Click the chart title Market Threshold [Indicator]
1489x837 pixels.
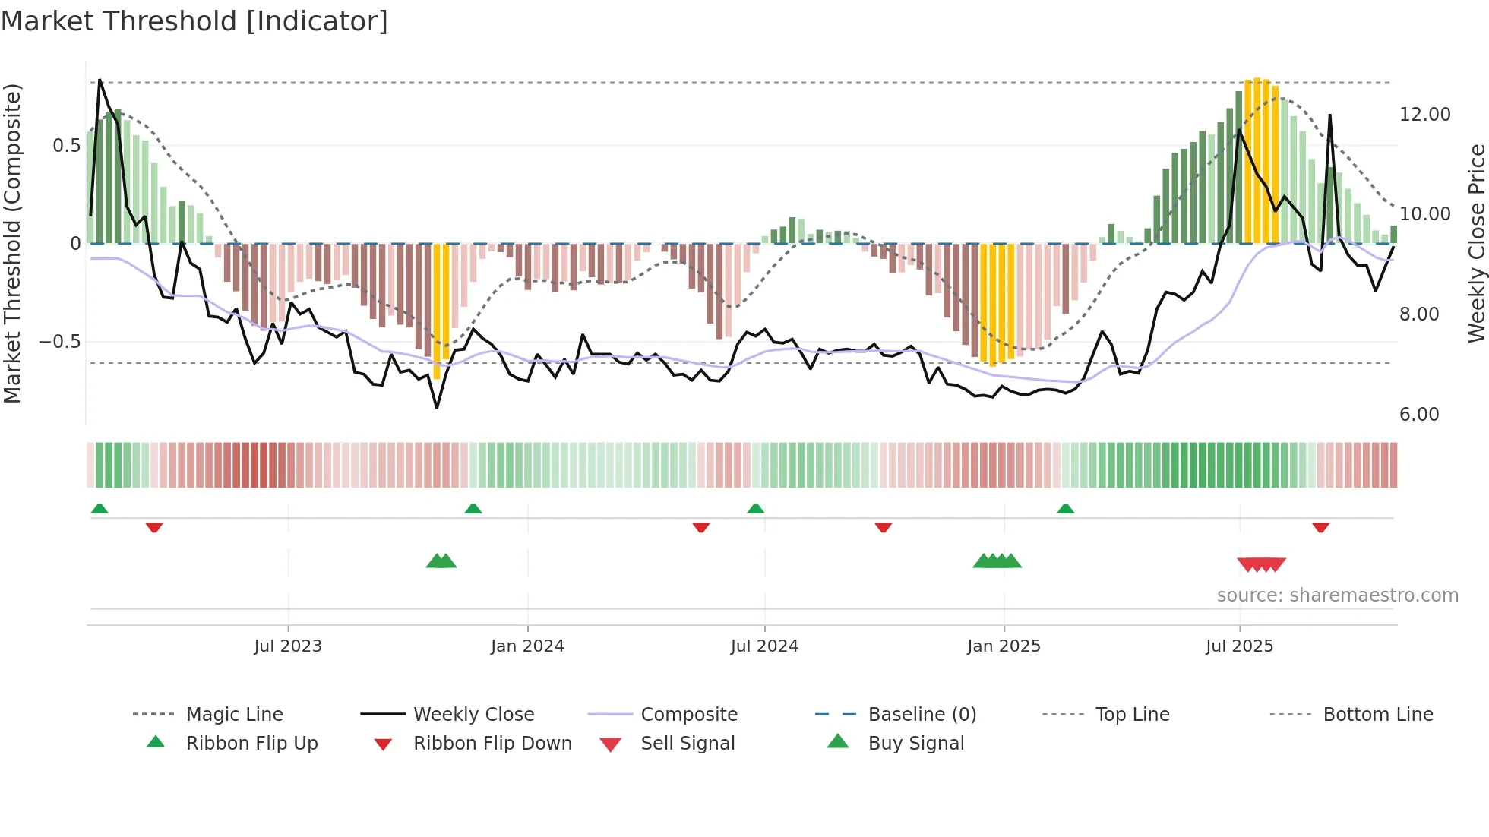point(194,21)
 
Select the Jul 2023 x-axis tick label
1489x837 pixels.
point(288,646)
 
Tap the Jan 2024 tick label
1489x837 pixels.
point(527,646)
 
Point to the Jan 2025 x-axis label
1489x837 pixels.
point(1004,646)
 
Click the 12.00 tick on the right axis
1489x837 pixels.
point(1424,115)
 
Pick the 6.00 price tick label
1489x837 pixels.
point(1419,415)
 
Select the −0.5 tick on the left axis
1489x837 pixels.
point(59,342)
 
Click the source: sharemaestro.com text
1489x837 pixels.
point(1337,595)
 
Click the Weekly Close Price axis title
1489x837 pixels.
point(1476,243)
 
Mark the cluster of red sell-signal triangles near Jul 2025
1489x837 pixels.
point(1261,564)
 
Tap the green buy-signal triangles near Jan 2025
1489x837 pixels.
point(997,561)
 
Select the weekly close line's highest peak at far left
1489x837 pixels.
point(100,81)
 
